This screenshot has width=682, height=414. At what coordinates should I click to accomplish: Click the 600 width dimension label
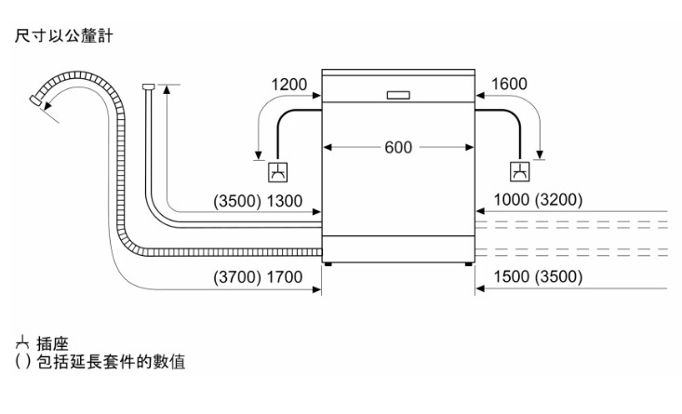click(x=398, y=148)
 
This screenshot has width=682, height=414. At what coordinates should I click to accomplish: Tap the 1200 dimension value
click(x=289, y=85)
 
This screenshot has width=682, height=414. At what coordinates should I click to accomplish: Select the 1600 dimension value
click(x=507, y=85)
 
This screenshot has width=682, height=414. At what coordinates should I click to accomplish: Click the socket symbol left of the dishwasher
click(x=277, y=171)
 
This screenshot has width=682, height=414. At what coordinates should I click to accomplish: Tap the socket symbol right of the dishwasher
click(x=519, y=171)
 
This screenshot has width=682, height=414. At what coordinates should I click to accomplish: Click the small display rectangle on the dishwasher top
click(x=397, y=95)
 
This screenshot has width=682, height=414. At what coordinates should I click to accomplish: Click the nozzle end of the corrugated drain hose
click(x=38, y=99)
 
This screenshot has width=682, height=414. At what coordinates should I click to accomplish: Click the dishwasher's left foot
click(x=328, y=264)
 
